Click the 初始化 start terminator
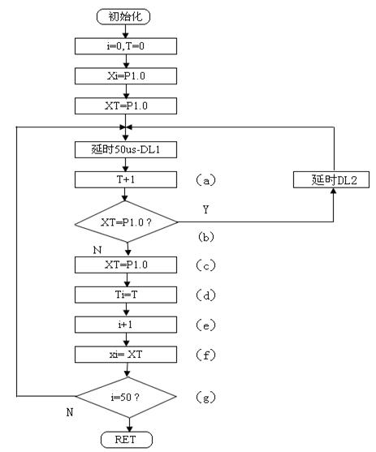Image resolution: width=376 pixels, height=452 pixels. point(123,16)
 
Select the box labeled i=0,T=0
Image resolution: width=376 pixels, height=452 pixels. point(126,46)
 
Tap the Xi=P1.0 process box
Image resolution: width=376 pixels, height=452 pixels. point(126,76)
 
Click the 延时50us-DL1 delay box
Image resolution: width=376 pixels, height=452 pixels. point(126,149)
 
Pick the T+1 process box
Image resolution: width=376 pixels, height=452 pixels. point(126,179)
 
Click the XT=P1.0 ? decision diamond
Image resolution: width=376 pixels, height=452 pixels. point(126,222)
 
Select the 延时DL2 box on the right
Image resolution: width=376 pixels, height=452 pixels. point(331,180)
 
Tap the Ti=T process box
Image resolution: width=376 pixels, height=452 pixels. point(126,295)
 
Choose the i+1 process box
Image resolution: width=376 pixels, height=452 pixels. point(126,325)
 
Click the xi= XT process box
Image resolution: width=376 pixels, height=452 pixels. point(126,355)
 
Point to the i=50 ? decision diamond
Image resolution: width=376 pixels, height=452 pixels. point(126,397)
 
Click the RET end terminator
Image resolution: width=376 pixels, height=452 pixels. point(127,440)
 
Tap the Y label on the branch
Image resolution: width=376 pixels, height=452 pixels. point(205,209)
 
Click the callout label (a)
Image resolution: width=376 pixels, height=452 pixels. point(206,180)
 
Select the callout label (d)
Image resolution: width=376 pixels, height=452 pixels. point(206,295)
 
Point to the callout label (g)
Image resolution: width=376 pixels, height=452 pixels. point(206,398)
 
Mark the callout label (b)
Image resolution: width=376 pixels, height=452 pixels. point(206,237)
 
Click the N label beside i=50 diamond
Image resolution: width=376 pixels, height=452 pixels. point(70,412)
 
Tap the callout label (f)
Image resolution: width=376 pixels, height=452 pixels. point(206,355)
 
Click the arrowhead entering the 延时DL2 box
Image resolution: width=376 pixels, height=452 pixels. point(334,191)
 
